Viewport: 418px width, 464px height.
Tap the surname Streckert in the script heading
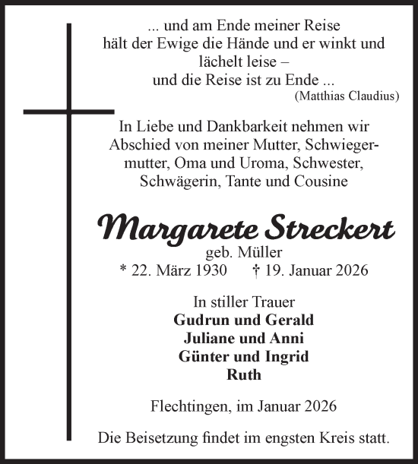click(329, 228)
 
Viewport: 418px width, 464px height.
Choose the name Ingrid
click(286, 356)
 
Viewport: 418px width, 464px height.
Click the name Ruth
click(244, 374)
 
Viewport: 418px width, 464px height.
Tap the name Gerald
click(287, 320)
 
